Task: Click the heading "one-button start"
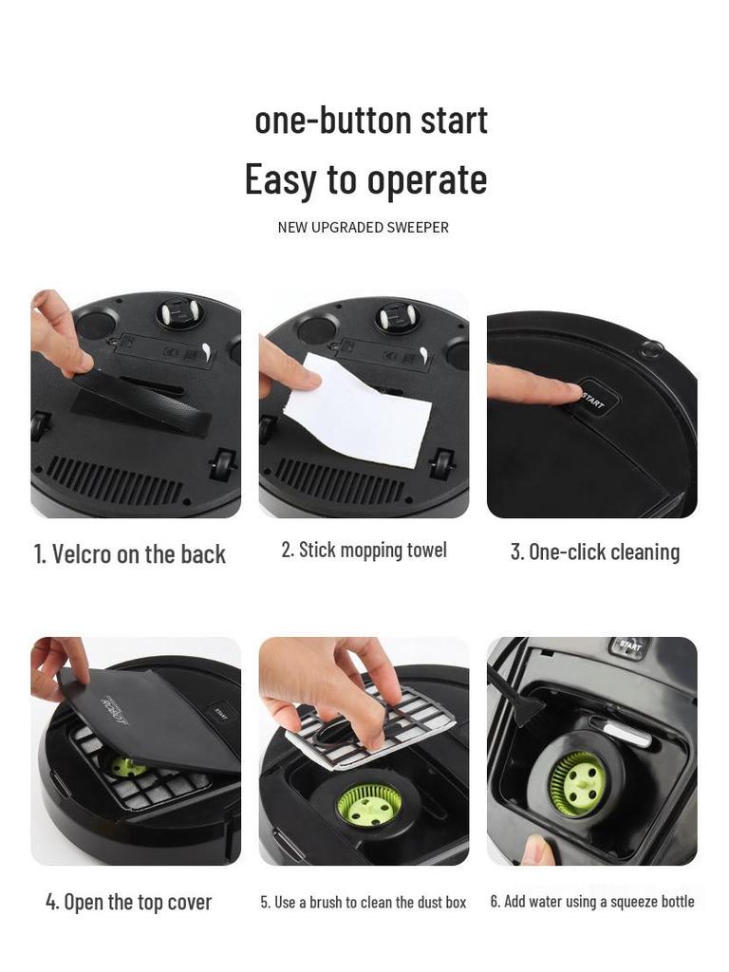pos(371,121)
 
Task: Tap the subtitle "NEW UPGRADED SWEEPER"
pos(364,228)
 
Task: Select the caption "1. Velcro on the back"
pos(130,554)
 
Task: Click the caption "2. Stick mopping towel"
pos(364,551)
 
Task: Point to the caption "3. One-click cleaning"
pos(595,552)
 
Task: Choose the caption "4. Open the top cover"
pos(129,902)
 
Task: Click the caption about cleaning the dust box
pos(364,902)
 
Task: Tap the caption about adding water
pos(592,902)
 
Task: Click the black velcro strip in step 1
pos(142,400)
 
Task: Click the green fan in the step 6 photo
pos(577,782)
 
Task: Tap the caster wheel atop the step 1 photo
pos(174,314)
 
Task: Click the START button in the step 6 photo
pos(630,645)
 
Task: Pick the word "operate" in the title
pos(427,179)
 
